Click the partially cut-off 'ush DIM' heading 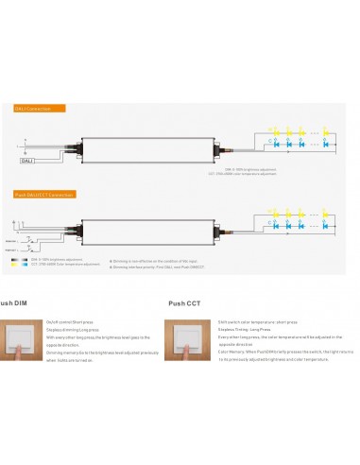click(x=18, y=303)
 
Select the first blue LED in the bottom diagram click(x=275, y=230)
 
